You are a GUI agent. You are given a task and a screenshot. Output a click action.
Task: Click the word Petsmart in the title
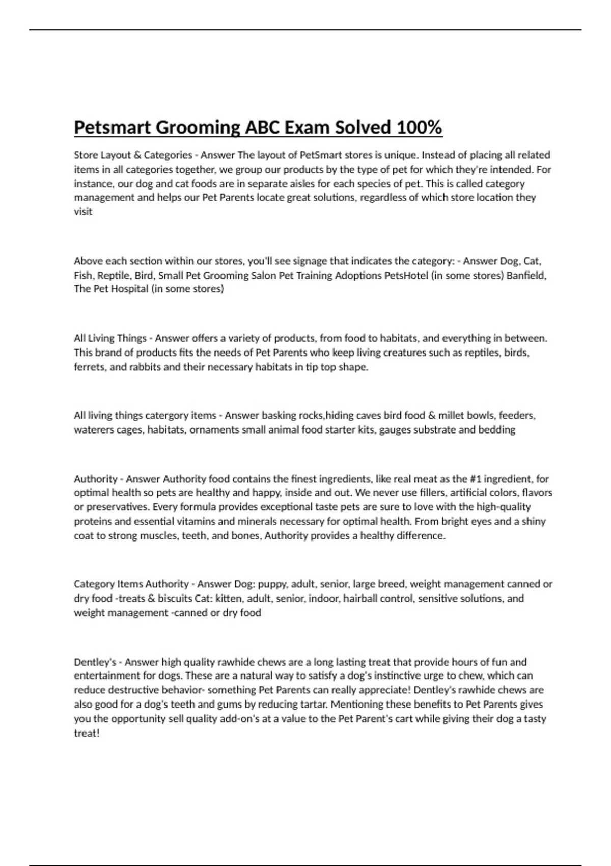(x=112, y=127)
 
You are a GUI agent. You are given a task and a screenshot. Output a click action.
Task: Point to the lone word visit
(x=83, y=211)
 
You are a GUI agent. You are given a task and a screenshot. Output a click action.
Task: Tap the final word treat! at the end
(x=87, y=733)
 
